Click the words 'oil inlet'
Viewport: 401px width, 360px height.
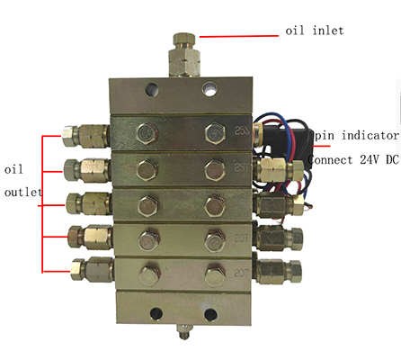point(315,31)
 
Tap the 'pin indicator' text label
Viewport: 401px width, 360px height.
point(357,136)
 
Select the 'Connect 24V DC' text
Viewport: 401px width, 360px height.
point(353,159)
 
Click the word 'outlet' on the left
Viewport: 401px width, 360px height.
point(23,192)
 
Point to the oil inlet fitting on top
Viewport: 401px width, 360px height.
point(184,55)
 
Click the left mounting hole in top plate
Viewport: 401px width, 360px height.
point(151,89)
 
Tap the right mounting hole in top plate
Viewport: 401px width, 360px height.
point(209,89)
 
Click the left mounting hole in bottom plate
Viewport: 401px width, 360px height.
point(156,314)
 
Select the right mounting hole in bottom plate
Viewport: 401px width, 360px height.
point(210,314)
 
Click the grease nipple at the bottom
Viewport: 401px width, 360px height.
point(183,331)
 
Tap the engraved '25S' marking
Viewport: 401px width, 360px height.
point(242,131)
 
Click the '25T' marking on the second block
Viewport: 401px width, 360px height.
point(241,167)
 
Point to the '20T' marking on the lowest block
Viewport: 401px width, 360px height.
point(241,273)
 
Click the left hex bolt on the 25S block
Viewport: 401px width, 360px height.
point(147,133)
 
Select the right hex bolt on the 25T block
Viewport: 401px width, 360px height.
point(215,170)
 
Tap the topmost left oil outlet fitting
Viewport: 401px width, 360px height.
point(85,136)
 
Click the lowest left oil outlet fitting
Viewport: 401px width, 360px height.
point(93,269)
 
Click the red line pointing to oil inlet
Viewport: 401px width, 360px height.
point(239,36)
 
